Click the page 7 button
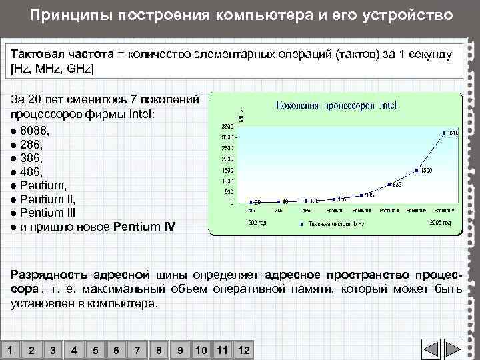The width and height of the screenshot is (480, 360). (x=137, y=350)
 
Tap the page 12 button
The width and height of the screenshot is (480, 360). (x=243, y=350)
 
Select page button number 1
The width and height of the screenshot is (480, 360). (x=9, y=350)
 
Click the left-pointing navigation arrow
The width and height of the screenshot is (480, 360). (x=431, y=349)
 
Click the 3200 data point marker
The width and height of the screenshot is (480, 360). (x=444, y=133)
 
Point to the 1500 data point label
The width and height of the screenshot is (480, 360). (x=426, y=171)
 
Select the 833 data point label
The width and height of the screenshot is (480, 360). (x=396, y=185)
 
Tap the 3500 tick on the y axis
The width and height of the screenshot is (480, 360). (x=227, y=125)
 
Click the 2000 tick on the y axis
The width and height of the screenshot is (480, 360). (x=227, y=159)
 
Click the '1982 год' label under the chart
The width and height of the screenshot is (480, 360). (x=255, y=222)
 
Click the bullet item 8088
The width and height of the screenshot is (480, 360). (x=34, y=130)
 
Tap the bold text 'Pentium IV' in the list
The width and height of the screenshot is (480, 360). (x=145, y=227)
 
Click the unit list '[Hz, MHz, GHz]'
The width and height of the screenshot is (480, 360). (x=53, y=69)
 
